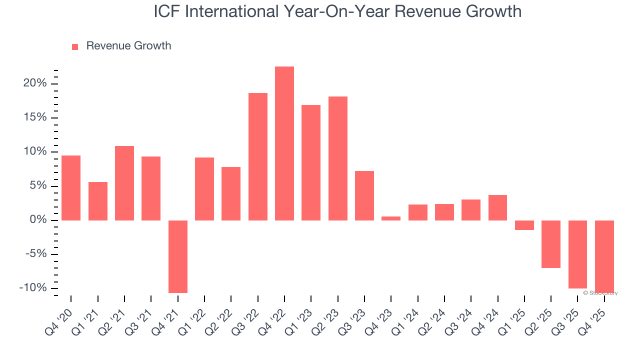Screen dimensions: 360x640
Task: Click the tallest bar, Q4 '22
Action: [284, 143]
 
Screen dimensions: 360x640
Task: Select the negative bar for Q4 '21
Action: [178, 256]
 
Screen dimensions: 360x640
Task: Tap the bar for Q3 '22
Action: [258, 156]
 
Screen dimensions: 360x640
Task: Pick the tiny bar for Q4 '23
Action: [391, 218]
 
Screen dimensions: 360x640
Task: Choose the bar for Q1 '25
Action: [524, 225]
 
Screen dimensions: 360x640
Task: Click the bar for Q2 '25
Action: [551, 244]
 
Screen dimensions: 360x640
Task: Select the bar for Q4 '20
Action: [71, 188]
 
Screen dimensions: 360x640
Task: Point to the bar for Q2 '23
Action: [338, 158]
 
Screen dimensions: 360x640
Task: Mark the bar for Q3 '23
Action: [364, 195]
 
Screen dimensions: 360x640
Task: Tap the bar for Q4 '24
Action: [497, 207]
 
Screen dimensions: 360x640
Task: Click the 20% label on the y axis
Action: [35, 83]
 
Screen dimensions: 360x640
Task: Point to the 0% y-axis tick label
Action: [38, 220]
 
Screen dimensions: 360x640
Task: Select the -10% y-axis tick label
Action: [33, 288]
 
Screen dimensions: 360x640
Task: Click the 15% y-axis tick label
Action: [35, 118]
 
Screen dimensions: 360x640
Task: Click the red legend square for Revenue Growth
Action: [75, 46]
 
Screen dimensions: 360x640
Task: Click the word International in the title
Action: [237, 11]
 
